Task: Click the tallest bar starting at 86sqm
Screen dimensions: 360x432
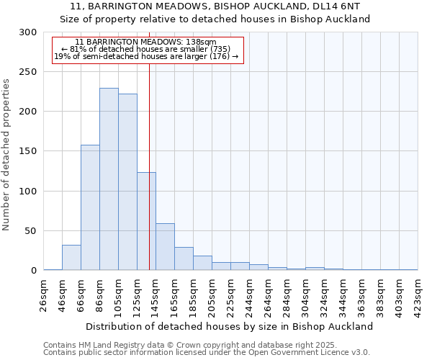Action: point(109,179)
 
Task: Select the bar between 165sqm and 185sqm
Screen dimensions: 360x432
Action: point(184,258)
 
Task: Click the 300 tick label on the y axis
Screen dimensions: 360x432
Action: point(28,32)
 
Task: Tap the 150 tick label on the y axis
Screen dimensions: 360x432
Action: point(28,152)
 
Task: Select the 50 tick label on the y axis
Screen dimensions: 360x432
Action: point(31,231)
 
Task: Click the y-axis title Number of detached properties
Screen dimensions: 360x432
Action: point(6,155)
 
